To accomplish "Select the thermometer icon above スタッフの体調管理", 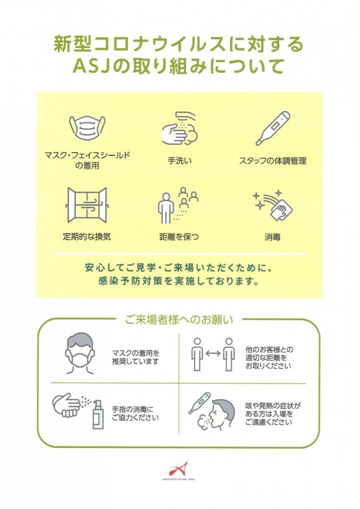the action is pyautogui.click(x=272, y=129).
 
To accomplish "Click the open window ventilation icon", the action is pyautogui.click(x=87, y=205).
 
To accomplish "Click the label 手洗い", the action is pyautogui.click(x=180, y=161).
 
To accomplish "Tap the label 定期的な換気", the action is pyautogui.click(x=87, y=236).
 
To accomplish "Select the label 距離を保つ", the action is pyautogui.click(x=179, y=237).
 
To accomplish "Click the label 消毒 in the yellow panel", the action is pyautogui.click(x=272, y=237).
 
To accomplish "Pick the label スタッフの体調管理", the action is pyautogui.click(x=272, y=161).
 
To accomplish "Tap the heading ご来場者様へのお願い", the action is pyautogui.click(x=179, y=320).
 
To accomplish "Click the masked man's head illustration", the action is pyautogui.click(x=81, y=353).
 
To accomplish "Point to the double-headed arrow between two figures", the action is pyautogui.click(x=213, y=353).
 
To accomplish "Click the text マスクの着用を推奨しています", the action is pyautogui.click(x=136, y=357).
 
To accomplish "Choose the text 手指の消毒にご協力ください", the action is pyautogui.click(x=135, y=413).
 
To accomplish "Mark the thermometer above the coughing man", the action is pyautogui.click(x=199, y=403).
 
